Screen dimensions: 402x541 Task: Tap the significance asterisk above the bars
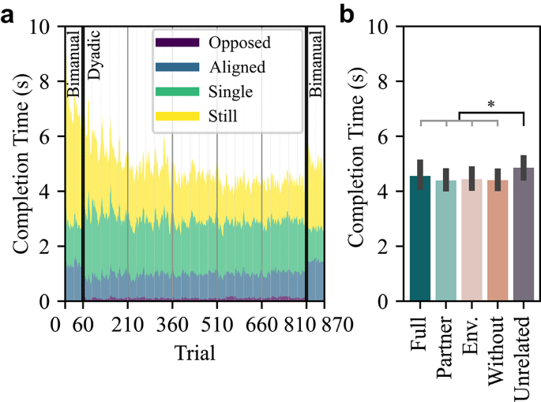[491, 104]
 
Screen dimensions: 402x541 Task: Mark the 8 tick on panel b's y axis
[385, 81]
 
